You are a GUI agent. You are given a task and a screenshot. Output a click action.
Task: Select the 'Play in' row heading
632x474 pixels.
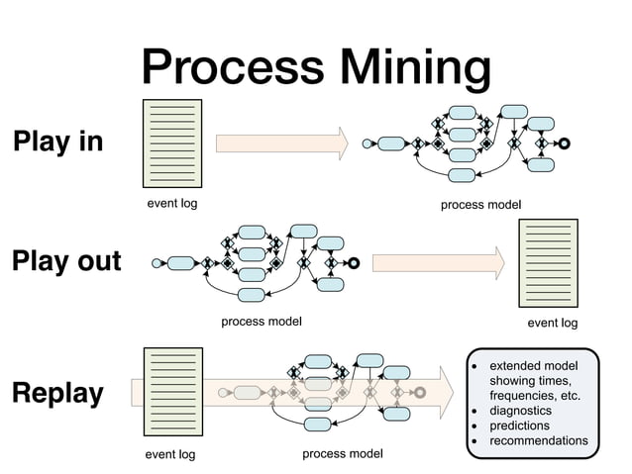coord(57,142)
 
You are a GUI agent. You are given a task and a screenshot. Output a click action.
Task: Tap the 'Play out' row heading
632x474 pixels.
coord(65,262)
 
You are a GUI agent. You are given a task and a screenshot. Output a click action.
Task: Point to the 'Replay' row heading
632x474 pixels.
coord(57,393)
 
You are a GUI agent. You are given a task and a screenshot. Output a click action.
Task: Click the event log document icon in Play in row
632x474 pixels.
coord(172,142)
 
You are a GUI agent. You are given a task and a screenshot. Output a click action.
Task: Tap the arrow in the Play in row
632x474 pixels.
coord(282,142)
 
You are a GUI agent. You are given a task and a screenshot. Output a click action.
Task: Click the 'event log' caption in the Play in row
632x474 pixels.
coord(172,204)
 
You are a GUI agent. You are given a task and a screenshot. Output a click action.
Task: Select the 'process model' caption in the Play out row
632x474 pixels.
coord(261,321)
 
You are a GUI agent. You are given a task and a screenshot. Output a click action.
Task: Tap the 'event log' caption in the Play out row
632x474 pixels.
coord(552,323)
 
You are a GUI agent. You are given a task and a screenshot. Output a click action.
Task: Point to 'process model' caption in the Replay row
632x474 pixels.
coord(343,454)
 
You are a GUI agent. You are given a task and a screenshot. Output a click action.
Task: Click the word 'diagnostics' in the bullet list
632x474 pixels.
coord(520,411)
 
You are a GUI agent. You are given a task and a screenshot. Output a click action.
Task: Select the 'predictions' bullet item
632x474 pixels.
coord(519,426)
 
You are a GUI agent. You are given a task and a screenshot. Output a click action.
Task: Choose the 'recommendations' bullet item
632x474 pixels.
coord(538,440)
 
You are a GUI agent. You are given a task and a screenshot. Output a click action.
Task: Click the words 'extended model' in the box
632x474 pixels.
coord(534,366)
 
